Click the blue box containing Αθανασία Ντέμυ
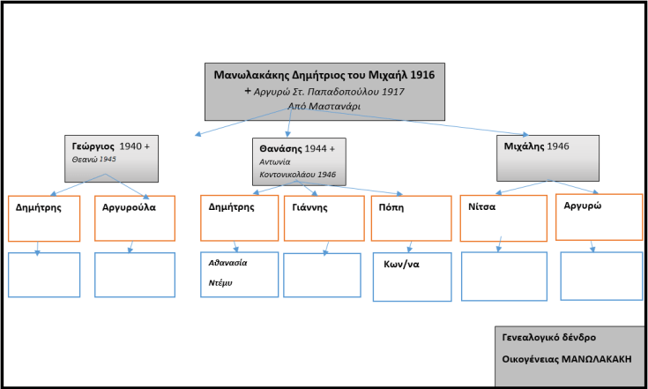[x=240, y=274]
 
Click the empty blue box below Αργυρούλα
[x=134, y=275]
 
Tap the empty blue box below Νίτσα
[x=503, y=276]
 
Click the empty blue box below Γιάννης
[x=322, y=275]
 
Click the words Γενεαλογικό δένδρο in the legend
[x=550, y=337]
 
